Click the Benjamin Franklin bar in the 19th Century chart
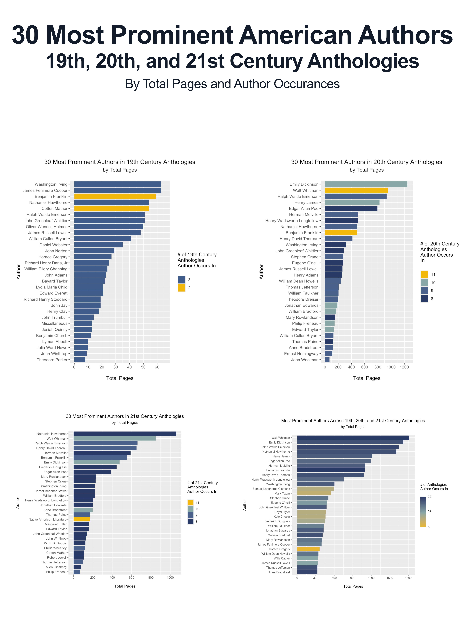pyautogui.click(x=115, y=196)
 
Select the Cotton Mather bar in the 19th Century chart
pyautogui.click(x=111, y=208)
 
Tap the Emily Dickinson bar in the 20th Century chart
pyautogui.click(x=366, y=184)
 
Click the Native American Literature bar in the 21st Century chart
pyautogui.click(x=82, y=519)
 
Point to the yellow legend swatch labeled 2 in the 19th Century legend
pyautogui.click(x=182, y=288)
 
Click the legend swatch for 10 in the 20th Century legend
pyautogui.click(x=424, y=283)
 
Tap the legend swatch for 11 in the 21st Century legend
pyautogui.click(x=190, y=503)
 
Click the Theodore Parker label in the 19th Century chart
pyautogui.click(x=52, y=360)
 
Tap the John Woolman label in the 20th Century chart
pyautogui.click(x=305, y=360)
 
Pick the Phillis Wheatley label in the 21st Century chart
pyautogui.click(x=55, y=548)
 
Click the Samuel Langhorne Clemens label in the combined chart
pyautogui.click(x=271, y=489)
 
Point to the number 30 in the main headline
pyautogui.click(x=25, y=35)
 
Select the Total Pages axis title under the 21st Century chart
pyautogui.click(x=125, y=586)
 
